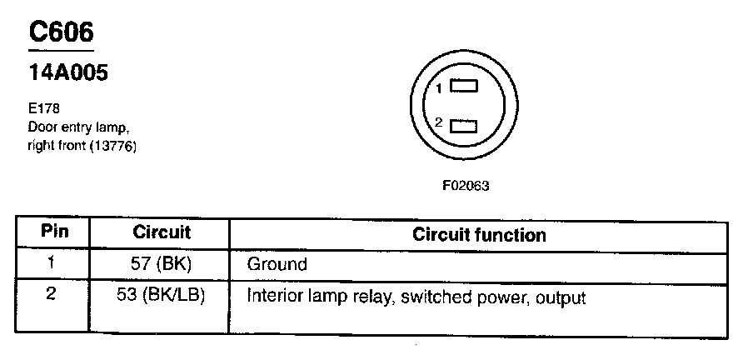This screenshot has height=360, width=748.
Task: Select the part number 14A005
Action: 68,73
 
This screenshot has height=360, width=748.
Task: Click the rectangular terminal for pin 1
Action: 464,86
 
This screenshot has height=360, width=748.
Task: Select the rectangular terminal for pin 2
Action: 464,126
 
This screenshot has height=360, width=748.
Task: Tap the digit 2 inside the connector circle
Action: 438,123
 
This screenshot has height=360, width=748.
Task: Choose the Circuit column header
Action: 162,232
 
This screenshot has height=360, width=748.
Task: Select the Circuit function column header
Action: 479,234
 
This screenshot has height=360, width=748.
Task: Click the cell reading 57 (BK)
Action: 162,265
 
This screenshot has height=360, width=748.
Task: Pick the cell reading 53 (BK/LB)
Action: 162,297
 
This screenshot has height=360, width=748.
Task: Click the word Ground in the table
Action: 277,265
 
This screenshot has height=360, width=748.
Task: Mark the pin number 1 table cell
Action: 52,264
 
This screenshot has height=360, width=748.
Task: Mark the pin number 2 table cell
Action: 52,296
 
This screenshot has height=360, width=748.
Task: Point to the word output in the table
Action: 561,297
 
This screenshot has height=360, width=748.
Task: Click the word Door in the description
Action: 41,127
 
